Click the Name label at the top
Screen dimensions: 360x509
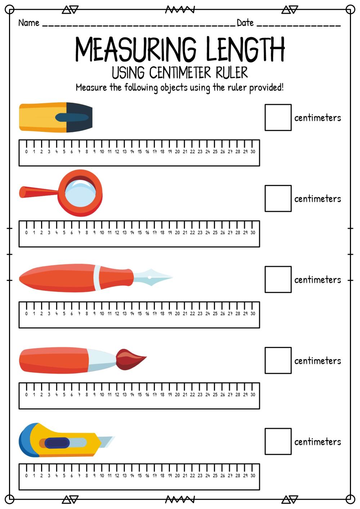coord(29,23)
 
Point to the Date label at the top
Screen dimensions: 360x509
coord(245,23)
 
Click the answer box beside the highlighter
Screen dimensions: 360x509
coord(278,117)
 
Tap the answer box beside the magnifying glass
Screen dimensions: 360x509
coord(278,198)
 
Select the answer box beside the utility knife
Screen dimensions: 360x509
coord(278,441)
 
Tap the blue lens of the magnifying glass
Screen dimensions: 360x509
coord(80,193)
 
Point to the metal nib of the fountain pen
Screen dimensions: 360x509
coord(152,277)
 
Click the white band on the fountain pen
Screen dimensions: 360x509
coord(97,278)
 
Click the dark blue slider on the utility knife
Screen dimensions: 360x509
coord(57,443)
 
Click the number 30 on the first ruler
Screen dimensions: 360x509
coord(253,152)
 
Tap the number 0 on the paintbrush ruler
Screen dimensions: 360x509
coord(26,395)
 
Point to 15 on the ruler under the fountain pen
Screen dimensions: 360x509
coord(140,314)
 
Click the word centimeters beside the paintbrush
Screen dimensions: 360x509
coord(318,361)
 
